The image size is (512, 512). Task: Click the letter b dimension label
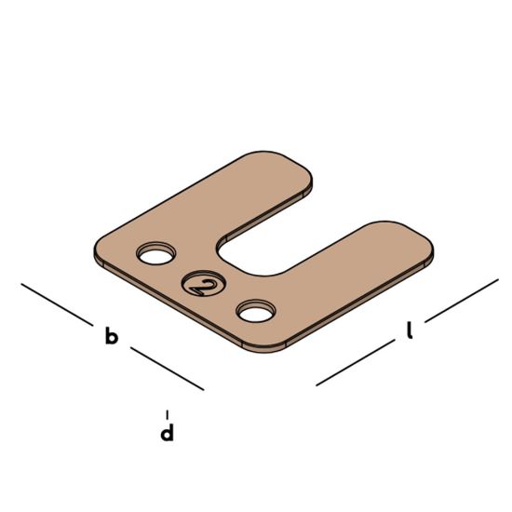click(x=112, y=336)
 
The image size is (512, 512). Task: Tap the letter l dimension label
click(x=410, y=330)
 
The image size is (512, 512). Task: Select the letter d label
click(x=167, y=432)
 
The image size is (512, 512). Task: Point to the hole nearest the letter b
click(x=156, y=253)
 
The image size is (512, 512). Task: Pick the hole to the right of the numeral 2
click(x=256, y=311)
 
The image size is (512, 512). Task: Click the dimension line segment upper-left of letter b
click(x=57, y=304)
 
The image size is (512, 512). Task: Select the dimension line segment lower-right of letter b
click(x=168, y=369)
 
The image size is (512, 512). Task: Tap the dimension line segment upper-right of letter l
click(x=462, y=301)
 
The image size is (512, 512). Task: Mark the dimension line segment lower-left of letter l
click(x=356, y=362)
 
